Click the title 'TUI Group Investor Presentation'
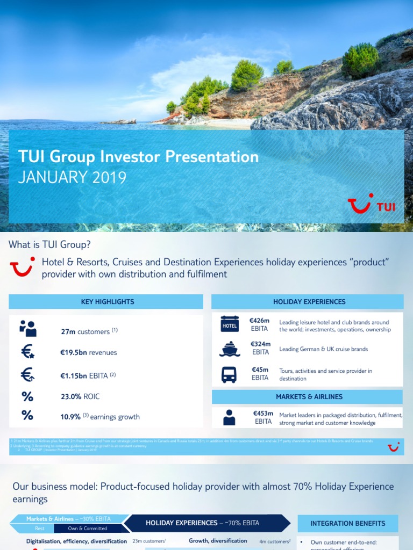(138, 157)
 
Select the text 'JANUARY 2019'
(72, 177)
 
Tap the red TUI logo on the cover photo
(372, 205)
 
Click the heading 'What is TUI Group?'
(49, 245)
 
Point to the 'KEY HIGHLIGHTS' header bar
(106, 302)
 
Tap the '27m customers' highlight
(86, 331)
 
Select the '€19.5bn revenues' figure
(88, 353)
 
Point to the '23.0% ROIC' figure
(80, 397)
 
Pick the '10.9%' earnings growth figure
(70, 417)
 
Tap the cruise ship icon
(230, 349)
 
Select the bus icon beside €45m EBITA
(230, 374)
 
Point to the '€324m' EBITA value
(260, 344)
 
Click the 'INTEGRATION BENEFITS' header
(348, 523)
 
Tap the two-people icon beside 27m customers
(27, 328)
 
